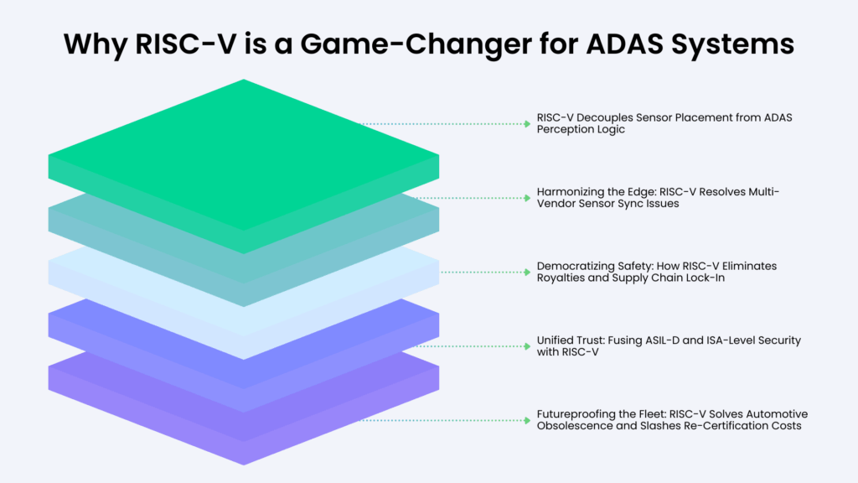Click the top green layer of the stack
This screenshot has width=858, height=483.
[x=244, y=156]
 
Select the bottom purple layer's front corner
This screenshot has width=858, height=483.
[x=244, y=465]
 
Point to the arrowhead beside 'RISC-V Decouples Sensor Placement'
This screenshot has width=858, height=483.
[x=528, y=124]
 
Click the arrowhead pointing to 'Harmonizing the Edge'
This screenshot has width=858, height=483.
[x=528, y=198]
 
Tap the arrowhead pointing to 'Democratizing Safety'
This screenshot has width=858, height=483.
[x=528, y=272]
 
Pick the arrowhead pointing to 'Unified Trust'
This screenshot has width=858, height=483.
[x=528, y=346]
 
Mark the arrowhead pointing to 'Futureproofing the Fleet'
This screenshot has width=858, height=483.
[x=528, y=420]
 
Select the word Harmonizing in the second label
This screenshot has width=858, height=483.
[x=569, y=192]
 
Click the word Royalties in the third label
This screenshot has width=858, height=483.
[x=559, y=278]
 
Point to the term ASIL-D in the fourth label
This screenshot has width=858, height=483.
[x=662, y=340]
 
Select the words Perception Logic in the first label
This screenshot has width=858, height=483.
[x=581, y=130]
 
